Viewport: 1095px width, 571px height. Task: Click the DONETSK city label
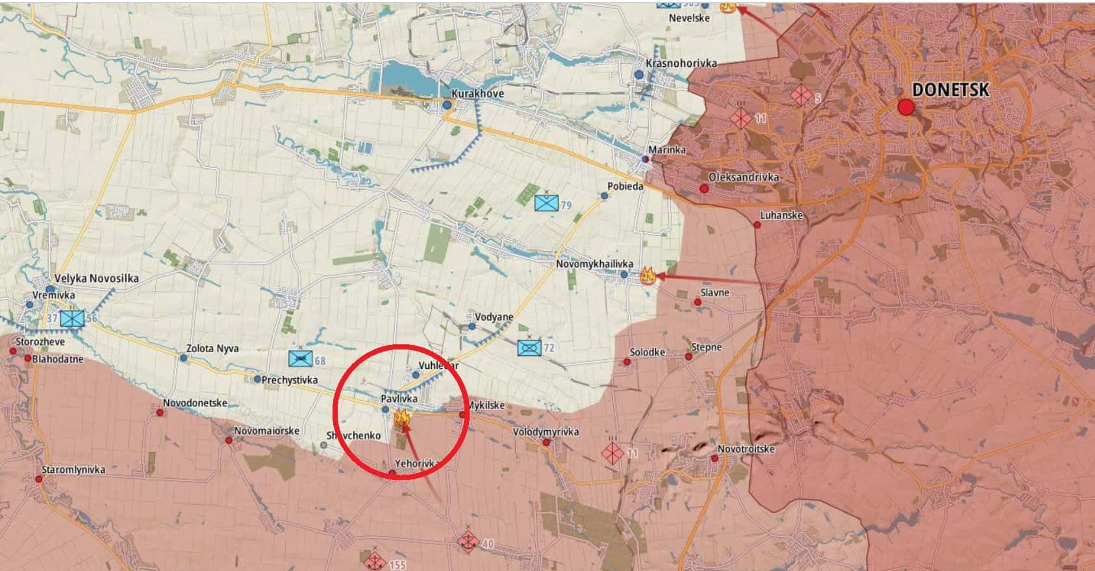(951, 90)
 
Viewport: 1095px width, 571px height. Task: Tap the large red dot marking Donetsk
(905, 108)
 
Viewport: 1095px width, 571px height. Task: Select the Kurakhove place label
(477, 94)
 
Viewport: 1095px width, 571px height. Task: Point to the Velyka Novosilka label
(96, 278)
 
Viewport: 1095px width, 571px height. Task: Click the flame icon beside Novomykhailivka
(646, 275)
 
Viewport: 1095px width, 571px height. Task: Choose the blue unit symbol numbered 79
(546, 203)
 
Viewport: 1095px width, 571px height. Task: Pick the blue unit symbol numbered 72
(529, 347)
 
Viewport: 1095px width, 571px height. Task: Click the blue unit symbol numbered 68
(299, 359)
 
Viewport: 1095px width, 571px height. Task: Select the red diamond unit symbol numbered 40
(467, 540)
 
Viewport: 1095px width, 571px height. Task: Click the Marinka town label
(666, 150)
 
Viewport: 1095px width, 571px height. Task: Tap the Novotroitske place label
(746, 449)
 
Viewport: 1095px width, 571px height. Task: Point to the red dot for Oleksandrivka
(704, 188)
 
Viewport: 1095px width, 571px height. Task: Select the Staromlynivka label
(73, 469)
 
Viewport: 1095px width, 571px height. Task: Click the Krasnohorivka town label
(681, 63)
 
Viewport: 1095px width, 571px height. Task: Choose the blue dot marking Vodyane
(472, 326)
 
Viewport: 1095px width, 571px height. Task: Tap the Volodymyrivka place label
(546, 432)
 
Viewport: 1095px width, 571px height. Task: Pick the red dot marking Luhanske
(757, 225)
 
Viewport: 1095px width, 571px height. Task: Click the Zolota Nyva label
(212, 348)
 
